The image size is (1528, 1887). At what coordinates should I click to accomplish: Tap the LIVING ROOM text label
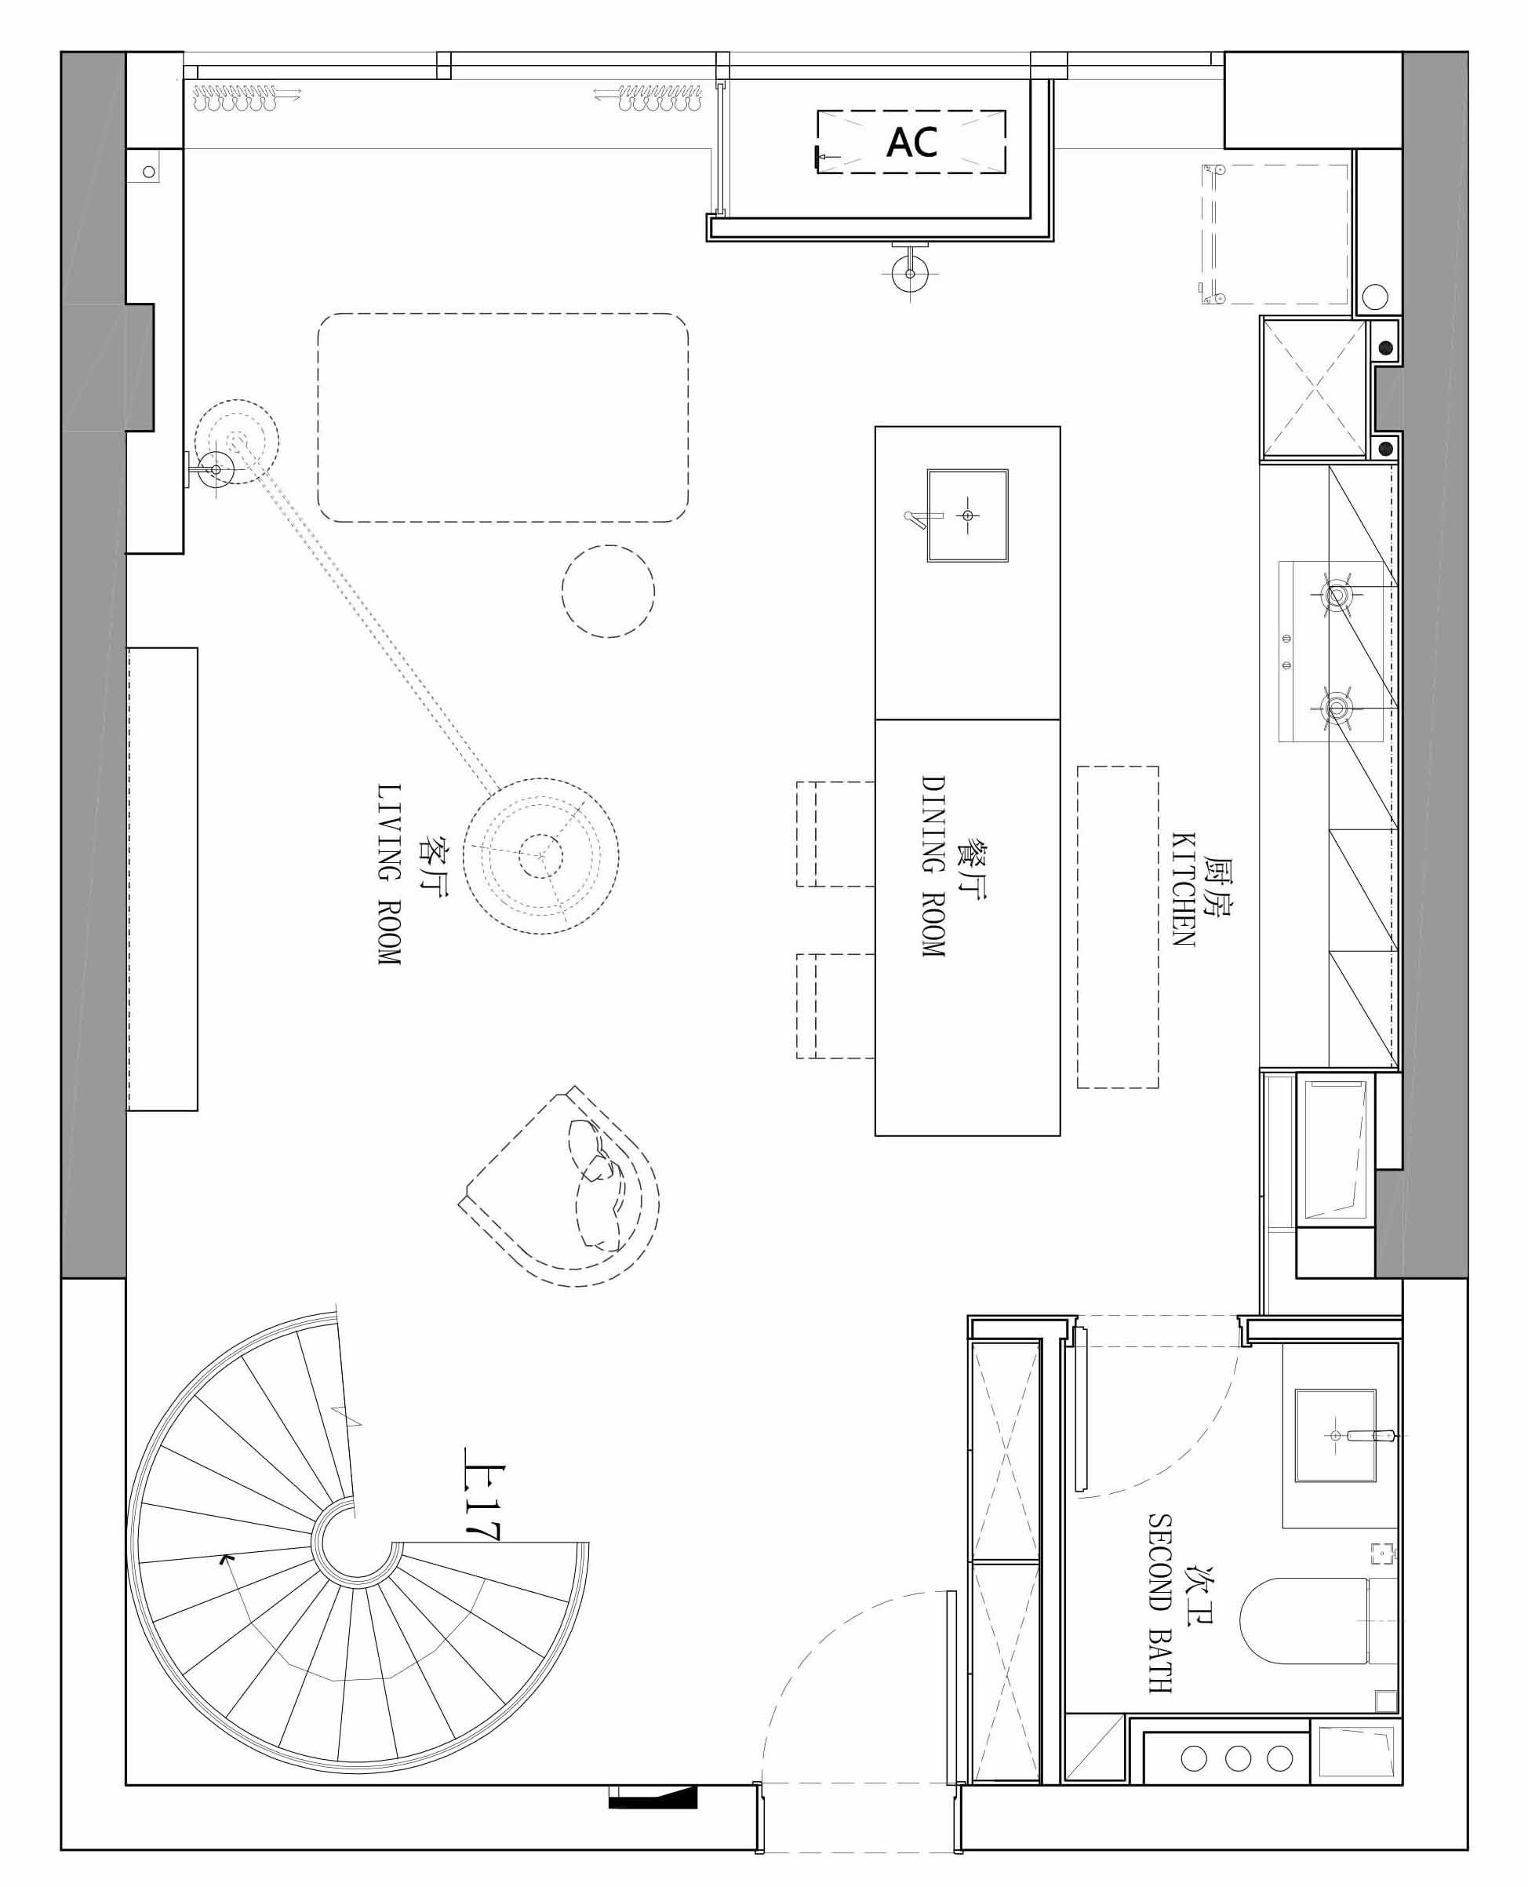(x=388, y=874)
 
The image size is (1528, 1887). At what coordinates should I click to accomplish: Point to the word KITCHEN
(x=1183, y=888)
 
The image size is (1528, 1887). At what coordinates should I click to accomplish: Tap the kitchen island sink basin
(x=967, y=515)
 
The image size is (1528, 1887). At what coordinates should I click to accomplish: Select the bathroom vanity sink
(x=1334, y=1435)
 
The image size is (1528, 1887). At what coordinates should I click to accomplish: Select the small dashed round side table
(x=608, y=592)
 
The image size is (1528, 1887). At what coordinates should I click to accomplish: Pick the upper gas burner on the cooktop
(x=1336, y=596)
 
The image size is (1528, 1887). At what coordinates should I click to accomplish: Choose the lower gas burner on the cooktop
(x=1336, y=706)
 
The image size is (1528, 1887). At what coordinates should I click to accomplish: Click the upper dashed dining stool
(x=835, y=833)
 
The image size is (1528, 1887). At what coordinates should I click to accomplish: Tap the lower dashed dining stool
(x=835, y=1006)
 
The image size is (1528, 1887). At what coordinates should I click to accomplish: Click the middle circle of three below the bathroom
(x=1238, y=1783)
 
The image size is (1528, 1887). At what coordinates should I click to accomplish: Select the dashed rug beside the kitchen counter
(x=1118, y=927)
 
